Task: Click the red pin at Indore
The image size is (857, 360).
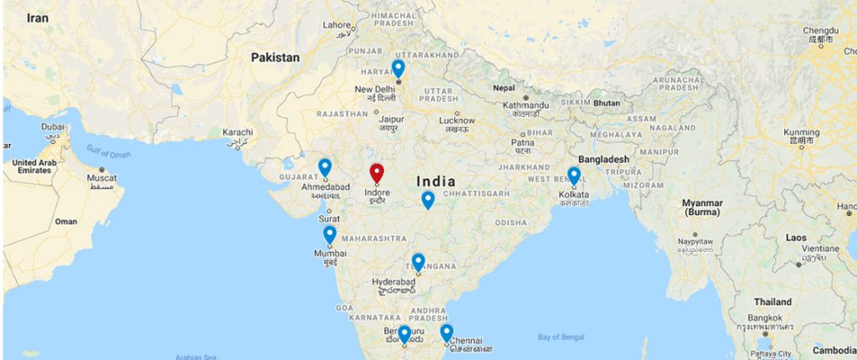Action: click(x=377, y=173)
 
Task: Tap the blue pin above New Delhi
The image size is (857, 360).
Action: click(x=398, y=68)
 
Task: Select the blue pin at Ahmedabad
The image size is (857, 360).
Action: click(x=325, y=167)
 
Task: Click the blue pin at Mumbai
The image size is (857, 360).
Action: click(x=330, y=234)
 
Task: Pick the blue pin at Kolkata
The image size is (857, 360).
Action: click(x=574, y=176)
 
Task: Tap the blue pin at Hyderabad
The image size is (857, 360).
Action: click(x=418, y=262)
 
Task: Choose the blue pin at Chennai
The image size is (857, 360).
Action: click(x=446, y=332)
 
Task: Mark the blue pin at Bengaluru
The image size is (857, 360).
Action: click(x=404, y=334)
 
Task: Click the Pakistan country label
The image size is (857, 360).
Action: click(x=275, y=58)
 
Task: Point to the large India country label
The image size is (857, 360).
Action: click(x=435, y=181)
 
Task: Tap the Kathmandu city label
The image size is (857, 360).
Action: click(x=526, y=105)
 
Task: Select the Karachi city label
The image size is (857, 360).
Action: click(x=238, y=132)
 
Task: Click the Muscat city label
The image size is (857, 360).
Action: click(x=103, y=178)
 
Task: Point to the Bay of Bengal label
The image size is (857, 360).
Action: click(x=560, y=337)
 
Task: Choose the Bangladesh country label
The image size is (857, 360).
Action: click(x=603, y=159)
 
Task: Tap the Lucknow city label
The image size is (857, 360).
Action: click(x=457, y=120)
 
